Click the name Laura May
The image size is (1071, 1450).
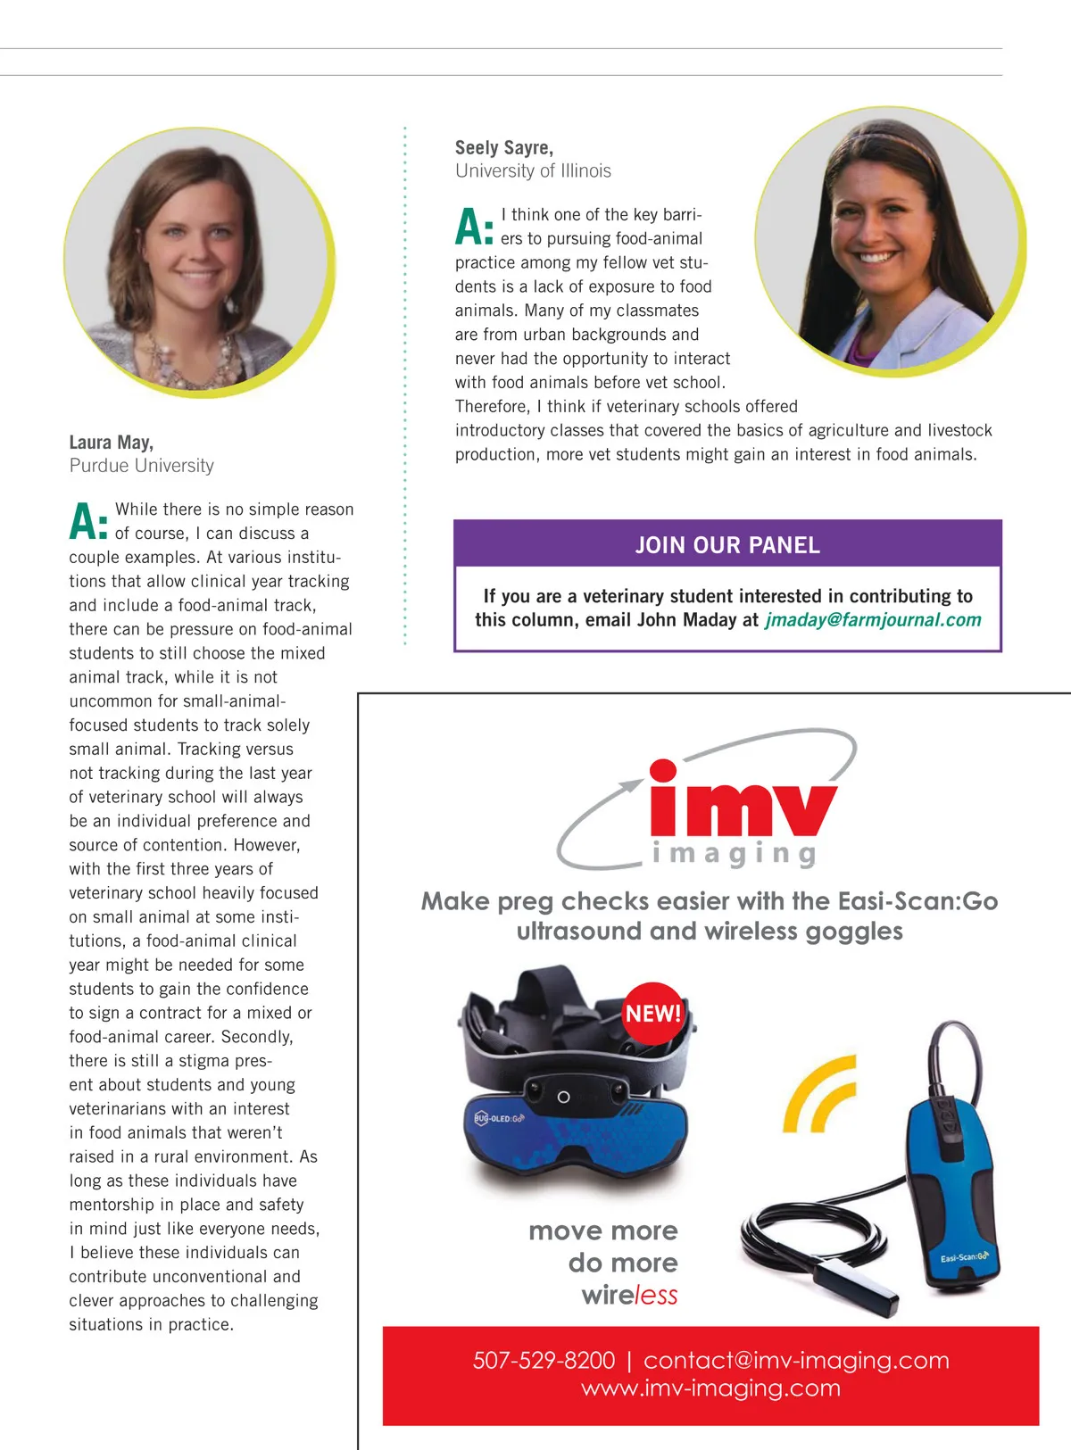[112, 443]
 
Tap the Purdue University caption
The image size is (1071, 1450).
[142, 466]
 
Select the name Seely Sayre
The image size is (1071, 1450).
[504, 148]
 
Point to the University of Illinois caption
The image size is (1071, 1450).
[533, 171]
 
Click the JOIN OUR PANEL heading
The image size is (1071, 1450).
[727, 545]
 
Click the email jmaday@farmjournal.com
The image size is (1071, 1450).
[873, 620]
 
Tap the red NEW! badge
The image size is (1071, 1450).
[652, 1014]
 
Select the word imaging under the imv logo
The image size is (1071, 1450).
[735, 854]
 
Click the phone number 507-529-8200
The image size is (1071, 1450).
[544, 1361]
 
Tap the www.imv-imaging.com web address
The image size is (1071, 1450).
[710, 1388]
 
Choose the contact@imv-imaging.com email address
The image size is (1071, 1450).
[796, 1361]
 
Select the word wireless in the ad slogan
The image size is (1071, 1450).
[629, 1296]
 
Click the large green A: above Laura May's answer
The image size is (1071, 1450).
[88, 522]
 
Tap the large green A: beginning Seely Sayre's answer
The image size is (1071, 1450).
[474, 227]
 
